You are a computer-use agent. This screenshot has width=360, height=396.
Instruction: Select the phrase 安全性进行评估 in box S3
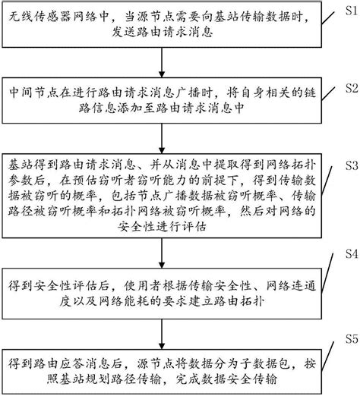[172, 227]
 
